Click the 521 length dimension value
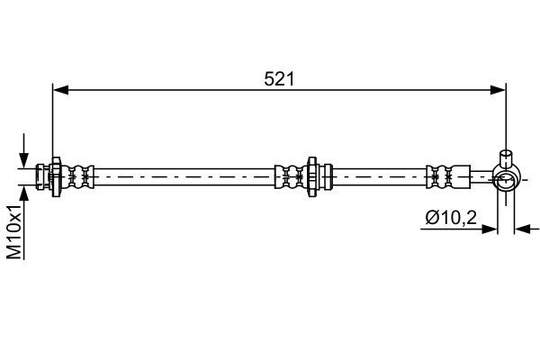pos(279,79)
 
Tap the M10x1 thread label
pos(14,231)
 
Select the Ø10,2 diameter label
pos(451,218)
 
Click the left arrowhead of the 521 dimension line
pos(60,90)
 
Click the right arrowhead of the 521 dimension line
pos(499,90)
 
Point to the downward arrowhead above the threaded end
pos(23,160)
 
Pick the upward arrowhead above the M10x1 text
pos(23,193)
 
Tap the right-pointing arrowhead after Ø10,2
pos(490,229)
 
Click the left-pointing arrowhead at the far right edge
pos(522,229)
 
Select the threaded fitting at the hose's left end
pos(42,176)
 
